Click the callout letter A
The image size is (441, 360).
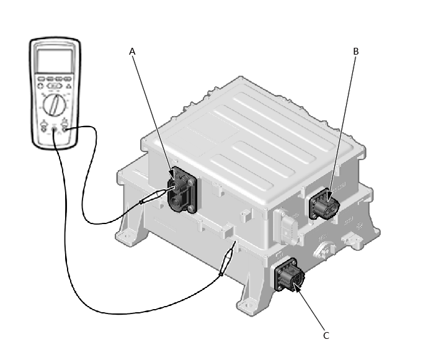pos(132,52)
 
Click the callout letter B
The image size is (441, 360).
pos(356,52)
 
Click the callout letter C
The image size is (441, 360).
pos(326,336)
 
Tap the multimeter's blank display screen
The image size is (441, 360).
pos(55,61)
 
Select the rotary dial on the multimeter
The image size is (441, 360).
pos(55,105)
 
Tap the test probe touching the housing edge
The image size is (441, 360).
pos(227,259)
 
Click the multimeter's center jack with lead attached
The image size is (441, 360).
pos(55,130)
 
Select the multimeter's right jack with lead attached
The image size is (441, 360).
pos(65,129)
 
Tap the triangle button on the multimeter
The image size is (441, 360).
pos(68,86)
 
